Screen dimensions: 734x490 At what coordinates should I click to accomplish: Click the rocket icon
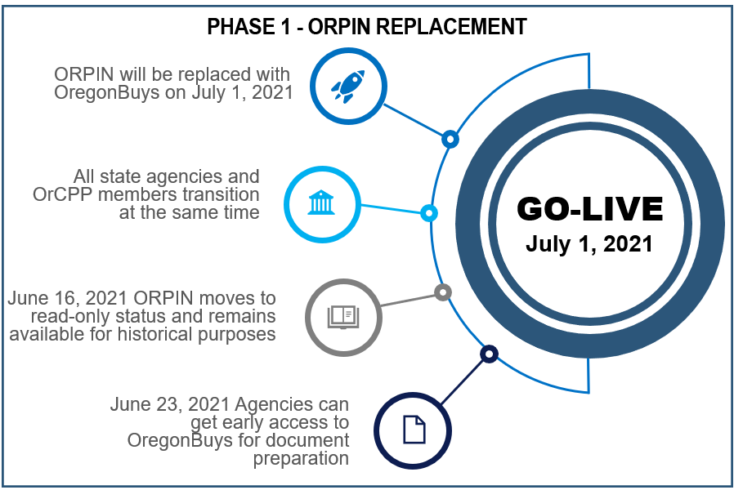pyautogui.click(x=348, y=87)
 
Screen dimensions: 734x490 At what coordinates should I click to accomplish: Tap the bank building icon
pyautogui.click(x=321, y=203)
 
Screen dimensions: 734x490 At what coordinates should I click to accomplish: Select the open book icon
pyautogui.click(x=343, y=318)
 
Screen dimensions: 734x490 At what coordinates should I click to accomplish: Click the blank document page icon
pyautogui.click(x=414, y=430)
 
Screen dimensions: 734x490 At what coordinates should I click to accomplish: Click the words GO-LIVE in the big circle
pyautogui.click(x=590, y=208)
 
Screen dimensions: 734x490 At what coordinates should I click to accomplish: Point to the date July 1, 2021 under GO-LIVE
pyautogui.click(x=589, y=243)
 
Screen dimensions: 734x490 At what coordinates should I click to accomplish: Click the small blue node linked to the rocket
pyautogui.click(x=450, y=139)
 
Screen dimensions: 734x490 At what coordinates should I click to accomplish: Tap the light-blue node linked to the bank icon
pyautogui.click(x=429, y=212)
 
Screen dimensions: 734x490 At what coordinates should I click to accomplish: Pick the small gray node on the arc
pyautogui.click(x=443, y=292)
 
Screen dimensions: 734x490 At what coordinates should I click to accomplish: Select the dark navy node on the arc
pyautogui.click(x=489, y=354)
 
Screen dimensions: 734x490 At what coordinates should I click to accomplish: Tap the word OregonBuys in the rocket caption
pyautogui.click(x=107, y=92)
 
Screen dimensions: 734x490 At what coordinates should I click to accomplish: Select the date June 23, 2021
pyautogui.click(x=170, y=405)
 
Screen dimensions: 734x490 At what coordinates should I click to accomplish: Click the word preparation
pyautogui.click(x=301, y=459)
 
